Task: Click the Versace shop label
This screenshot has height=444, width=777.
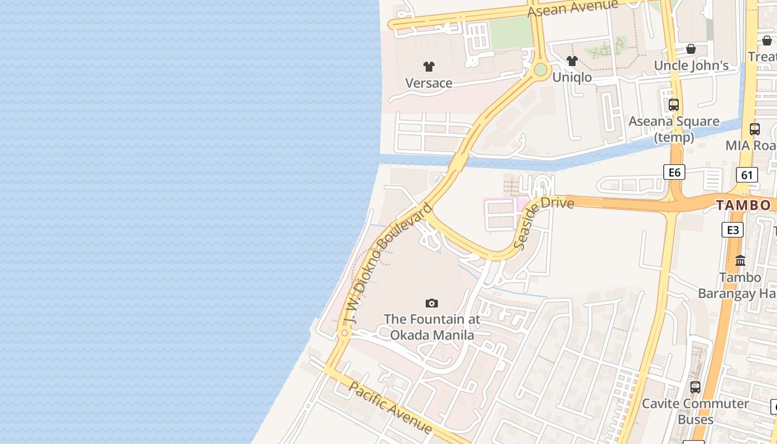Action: [x=428, y=83]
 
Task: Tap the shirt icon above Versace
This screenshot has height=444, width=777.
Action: [x=428, y=67]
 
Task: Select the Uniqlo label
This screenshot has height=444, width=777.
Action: [x=572, y=77]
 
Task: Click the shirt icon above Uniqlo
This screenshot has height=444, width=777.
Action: [x=572, y=61]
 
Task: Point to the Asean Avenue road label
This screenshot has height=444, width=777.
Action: [x=573, y=8]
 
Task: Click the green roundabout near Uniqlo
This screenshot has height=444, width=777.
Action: [x=540, y=70]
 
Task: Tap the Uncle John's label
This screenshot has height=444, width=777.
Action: [x=691, y=65]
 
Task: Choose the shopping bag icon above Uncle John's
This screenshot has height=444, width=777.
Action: [x=691, y=49]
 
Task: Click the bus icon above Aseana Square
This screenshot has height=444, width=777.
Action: [x=674, y=104]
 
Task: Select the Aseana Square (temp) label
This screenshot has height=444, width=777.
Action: [x=674, y=129]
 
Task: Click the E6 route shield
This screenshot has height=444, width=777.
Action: [x=674, y=172]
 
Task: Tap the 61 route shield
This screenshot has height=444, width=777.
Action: [x=747, y=175]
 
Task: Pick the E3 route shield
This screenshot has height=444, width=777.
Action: [x=733, y=230]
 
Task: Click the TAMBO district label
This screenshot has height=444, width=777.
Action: [x=743, y=205]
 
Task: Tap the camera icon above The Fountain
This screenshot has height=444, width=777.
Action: [x=432, y=303]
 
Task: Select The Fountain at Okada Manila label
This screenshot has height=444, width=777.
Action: [x=432, y=327]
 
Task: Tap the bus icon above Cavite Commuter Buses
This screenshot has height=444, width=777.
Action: [x=695, y=387]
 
